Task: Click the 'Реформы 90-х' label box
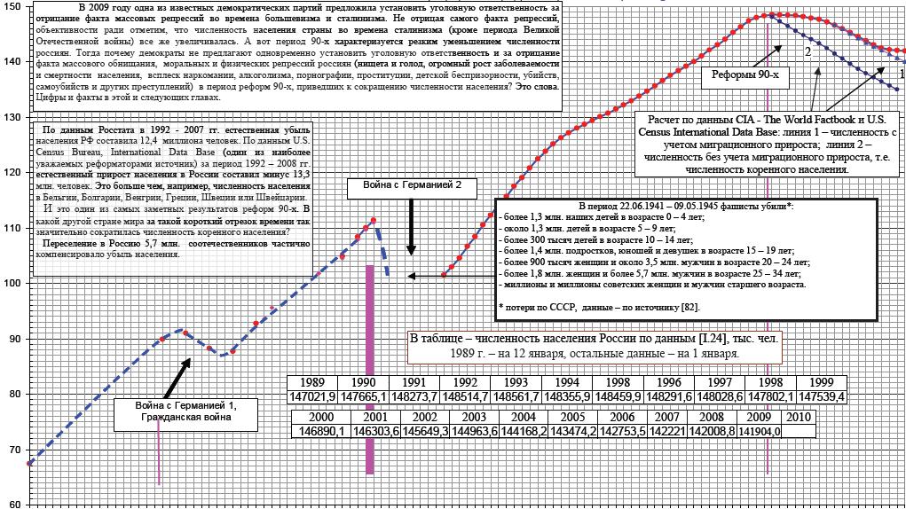pyautogui.click(x=744, y=75)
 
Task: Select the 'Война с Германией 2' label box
pyautogui.click(x=412, y=188)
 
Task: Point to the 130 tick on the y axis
pyautogui.click(x=13, y=117)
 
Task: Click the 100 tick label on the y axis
pyautogui.click(x=13, y=283)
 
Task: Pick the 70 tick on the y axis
pyautogui.click(x=13, y=450)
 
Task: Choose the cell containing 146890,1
pyautogui.click(x=321, y=431)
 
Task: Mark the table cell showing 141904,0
pyautogui.click(x=760, y=431)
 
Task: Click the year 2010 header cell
pyautogui.click(x=798, y=416)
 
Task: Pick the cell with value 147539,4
pyautogui.click(x=821, y=395)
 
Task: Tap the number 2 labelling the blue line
pyautogui.click(x=808, y=52)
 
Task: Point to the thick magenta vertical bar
pyautogui.click(x=369, y=368)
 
